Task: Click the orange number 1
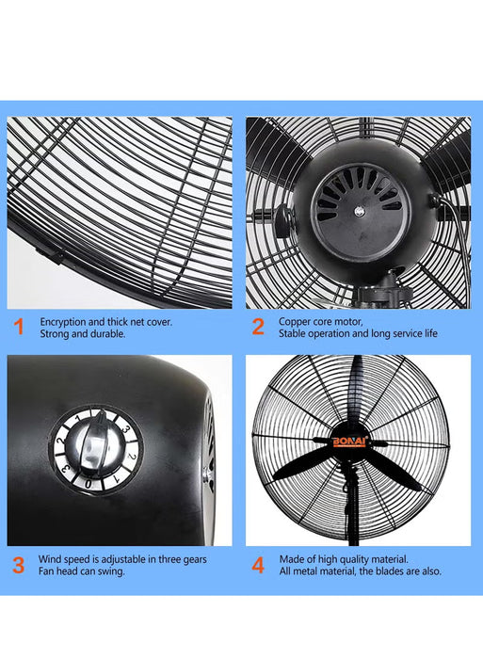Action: click(x=19, y=328)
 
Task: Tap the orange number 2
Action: click(x=257, y=328)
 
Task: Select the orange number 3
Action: click(x=19, y=565)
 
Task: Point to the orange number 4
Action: click(x=258, y=565)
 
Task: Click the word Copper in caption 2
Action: click(x=294, y=321)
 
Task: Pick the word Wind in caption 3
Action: click(x=49, y=559)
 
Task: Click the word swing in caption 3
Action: click(x=111, y=571)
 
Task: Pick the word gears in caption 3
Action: click(x=193, y=559)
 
